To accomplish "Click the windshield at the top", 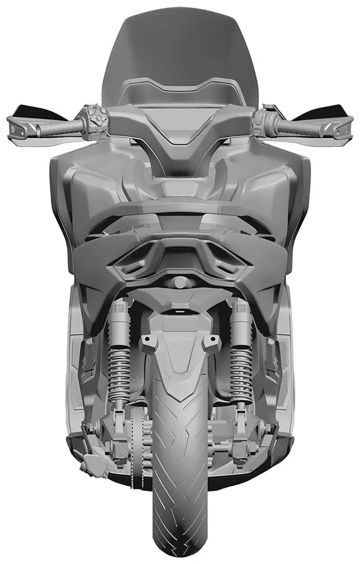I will point(180,50).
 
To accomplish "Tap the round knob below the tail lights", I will point(180,283).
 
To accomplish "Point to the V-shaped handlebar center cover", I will point(180,135).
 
